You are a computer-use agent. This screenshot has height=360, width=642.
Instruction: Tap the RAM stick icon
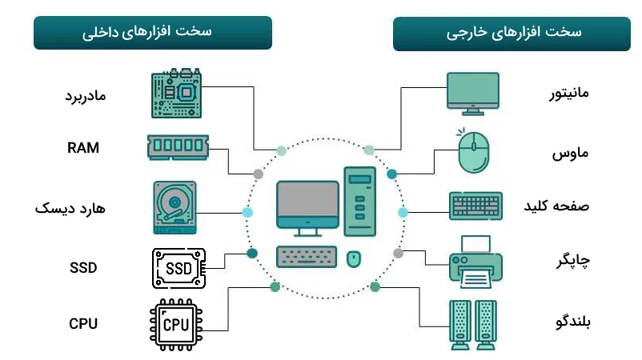178,146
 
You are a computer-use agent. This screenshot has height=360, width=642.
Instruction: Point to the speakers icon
474,324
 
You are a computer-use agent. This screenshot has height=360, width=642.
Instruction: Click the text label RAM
83,147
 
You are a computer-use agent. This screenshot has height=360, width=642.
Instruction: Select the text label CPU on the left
83,324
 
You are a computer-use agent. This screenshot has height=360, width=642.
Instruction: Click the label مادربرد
85,95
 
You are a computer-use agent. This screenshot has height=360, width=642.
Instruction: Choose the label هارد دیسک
70,208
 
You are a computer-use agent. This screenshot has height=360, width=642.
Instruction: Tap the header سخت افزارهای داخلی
152,33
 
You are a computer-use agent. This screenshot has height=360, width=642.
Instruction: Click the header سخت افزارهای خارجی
512,34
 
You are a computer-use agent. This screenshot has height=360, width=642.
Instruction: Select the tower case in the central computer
360,201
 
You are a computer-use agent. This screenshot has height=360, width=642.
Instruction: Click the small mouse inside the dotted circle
353,258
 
